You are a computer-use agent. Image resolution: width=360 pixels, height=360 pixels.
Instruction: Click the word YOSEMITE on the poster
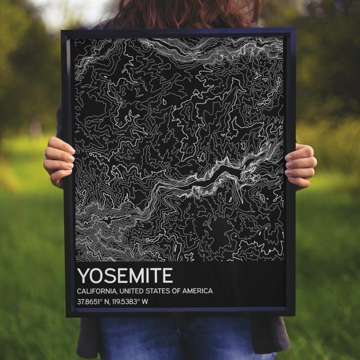[125, 276]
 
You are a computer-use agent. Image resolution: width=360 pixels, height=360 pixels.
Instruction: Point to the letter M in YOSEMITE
[137, 276]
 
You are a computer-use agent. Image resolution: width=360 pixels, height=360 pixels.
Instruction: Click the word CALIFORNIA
[96, 291]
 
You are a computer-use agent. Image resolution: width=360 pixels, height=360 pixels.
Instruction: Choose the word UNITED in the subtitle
[131, 291]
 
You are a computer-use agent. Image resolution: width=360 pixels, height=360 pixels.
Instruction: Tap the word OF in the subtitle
[176, 291]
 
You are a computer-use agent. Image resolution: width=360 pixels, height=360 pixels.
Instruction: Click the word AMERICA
[197, 291]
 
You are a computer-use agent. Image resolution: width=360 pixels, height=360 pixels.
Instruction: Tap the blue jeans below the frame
[180, 338]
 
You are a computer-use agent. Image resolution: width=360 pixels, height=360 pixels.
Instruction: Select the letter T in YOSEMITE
[157, 276]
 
